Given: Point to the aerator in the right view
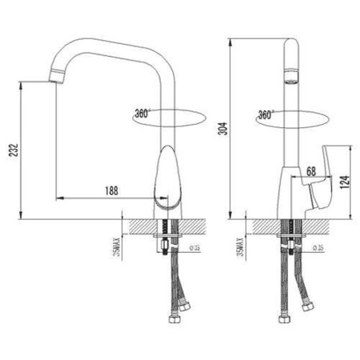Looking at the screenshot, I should pyautogui.click(x=293, y=81).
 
